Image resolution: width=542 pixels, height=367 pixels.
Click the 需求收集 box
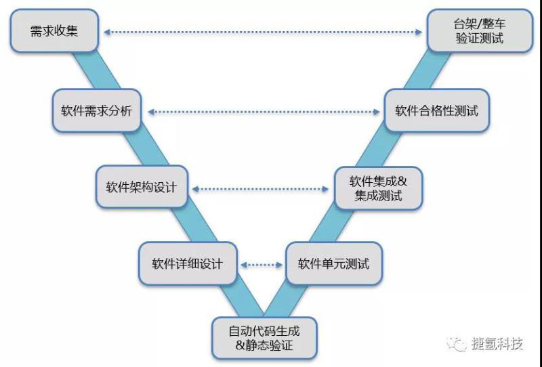click(x=55, y=32)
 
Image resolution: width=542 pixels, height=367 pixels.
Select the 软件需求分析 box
click(x=97, y=110)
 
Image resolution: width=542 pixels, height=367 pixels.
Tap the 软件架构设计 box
click(x=141, y=187)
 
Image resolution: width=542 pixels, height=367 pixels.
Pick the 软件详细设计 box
click(x=186, y=263)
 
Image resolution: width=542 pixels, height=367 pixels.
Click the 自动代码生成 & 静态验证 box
click(x=264, y=338)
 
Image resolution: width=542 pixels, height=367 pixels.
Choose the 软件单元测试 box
click(x=333, y=263)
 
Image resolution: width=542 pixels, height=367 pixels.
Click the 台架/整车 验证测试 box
click(x=479, y=31)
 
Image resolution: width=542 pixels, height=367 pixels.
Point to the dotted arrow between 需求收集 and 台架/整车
click(x=264, y=31)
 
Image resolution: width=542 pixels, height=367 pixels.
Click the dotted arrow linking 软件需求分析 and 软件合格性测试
click(x=264, y=111)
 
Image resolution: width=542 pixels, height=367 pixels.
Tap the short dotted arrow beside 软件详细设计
click(x=262, y=264)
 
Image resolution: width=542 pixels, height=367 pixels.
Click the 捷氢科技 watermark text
click(x=497, y=345)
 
